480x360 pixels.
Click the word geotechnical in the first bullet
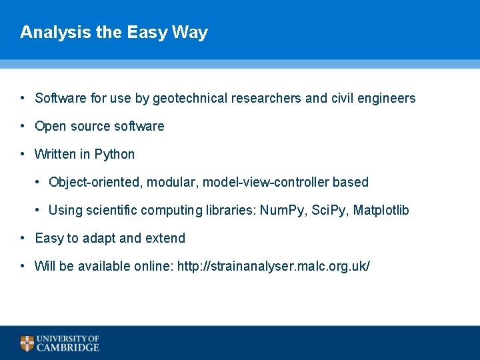click(190, 99)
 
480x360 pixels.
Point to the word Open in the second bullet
click(50, 127)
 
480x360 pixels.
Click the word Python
click(114, 155)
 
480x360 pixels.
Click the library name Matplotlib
click(381, 211)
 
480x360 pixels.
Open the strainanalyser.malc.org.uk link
click(273, 267)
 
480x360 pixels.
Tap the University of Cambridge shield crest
click(27, 343)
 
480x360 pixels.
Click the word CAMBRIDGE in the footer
click(68, 347)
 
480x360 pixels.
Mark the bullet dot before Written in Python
click(23, 154)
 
